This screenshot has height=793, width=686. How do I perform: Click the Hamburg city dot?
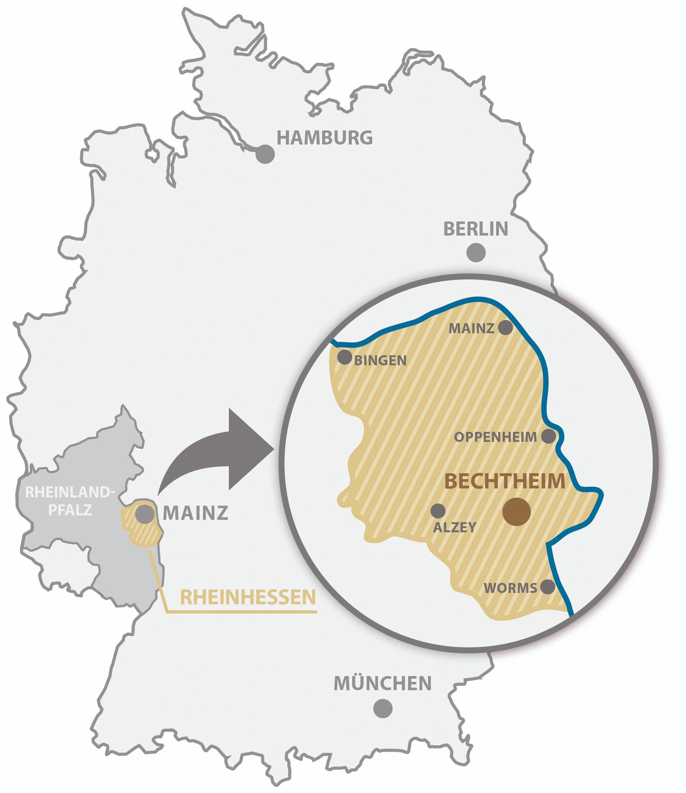(x=265, y=155)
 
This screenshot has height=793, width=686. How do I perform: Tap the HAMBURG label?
(x=325, y=138)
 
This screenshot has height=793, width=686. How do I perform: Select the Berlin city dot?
(x=476, y=252)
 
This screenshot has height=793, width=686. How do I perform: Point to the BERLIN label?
(x=476, y=229)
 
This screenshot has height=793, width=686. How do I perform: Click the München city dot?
(x=383, y=708)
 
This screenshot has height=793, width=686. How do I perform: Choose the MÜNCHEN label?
(x=383, y=683)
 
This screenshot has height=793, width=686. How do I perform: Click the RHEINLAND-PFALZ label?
(x=70, y=501)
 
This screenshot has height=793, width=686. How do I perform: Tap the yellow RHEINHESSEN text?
(x=248, y=597)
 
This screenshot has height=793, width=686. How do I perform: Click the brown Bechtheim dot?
(x=517, y=512)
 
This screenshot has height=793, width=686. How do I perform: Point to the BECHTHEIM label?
(x=505, y=481)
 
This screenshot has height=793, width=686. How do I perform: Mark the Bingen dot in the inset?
(x=344, y=357)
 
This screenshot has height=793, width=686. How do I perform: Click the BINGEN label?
(x=380, y=360)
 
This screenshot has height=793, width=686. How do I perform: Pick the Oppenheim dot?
(x=548, y=436)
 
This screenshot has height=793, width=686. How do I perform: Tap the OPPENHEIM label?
(x=495, y=437)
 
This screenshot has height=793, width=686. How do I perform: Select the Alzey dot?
(x=438, y=511)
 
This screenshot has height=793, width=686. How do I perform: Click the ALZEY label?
(x=454, y=527)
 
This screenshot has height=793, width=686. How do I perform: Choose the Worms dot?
(x=548, y=587)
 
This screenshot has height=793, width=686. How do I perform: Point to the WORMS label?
(x=510, y=588)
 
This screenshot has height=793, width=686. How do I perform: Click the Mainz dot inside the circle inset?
(x=505, y=327)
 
